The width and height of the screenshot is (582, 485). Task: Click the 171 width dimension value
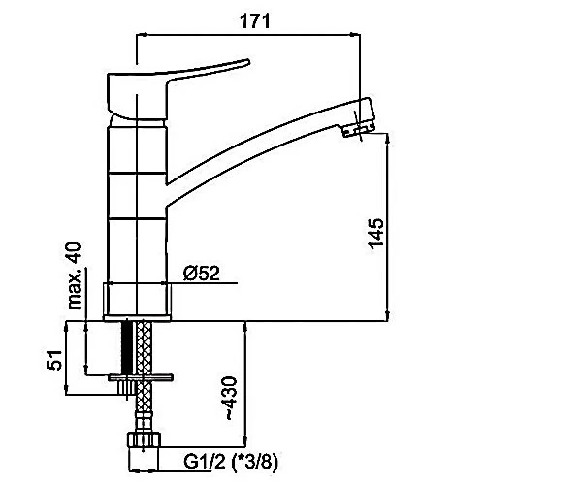pos(254,20)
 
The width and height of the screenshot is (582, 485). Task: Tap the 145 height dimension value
pos(375,233)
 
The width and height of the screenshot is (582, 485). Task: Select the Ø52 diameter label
pos(202,274)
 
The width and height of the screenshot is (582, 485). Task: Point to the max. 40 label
pos(75,275)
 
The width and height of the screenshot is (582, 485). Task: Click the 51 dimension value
pos(54,360)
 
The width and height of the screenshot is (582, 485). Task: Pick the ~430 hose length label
pos(230,399)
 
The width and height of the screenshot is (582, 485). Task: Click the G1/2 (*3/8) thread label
pos(231,462)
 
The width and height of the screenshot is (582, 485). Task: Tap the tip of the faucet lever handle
pos(248,61)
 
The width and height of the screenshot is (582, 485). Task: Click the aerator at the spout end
pos(358,130)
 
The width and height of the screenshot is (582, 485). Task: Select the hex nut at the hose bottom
pos(144,439)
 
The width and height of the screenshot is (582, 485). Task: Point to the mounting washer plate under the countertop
pos(141,377)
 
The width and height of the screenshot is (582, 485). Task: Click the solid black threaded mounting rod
pos(127,347)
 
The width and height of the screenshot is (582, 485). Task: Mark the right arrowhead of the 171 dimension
pos(356,35)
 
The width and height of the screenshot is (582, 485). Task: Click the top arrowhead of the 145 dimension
pos(388,138)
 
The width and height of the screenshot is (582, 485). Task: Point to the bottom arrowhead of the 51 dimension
pos(66,390)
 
